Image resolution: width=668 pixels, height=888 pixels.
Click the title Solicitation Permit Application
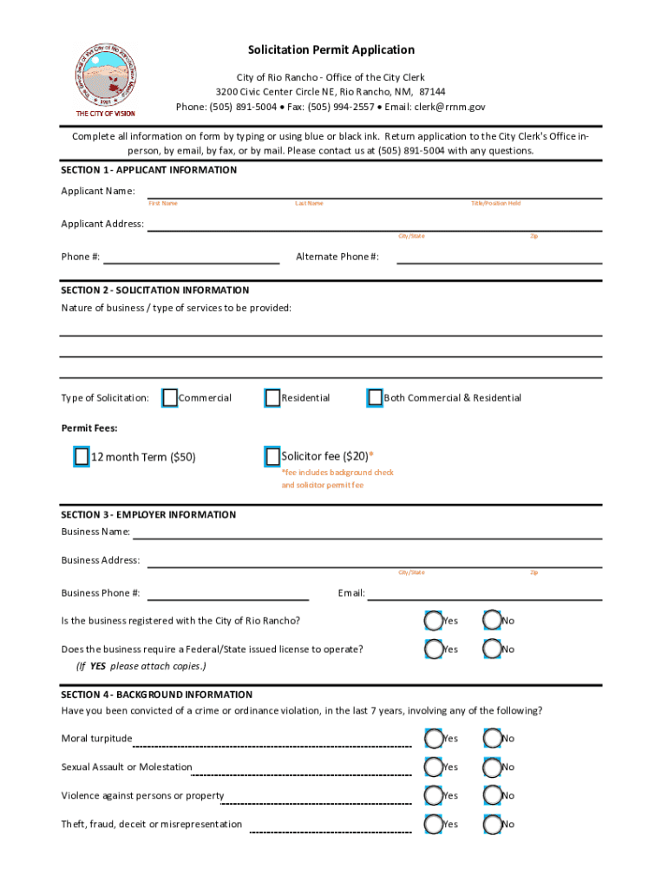click(x=331, y=50)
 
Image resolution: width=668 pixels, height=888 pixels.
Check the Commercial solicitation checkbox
click(x=170, y=397)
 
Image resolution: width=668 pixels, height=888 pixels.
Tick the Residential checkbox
click(x=272, y=397)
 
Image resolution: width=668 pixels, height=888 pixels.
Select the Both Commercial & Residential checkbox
click(x=375, y=397)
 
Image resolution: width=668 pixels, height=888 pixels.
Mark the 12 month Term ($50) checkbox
click(x=82, y=457)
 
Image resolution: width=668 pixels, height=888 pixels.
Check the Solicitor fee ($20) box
click(x=272, y=456)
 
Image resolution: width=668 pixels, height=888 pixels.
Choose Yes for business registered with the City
click(x=433, y=620)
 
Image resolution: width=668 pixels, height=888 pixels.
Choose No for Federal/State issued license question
click(x=492, y=649)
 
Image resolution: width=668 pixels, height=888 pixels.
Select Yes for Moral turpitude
click(x=433, y=738)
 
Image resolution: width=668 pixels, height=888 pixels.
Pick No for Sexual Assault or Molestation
click(x=492, y=767)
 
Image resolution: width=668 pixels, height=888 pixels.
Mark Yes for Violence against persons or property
click(x=433, y=795)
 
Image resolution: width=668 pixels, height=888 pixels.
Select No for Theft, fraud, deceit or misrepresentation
click(x=492, y=824)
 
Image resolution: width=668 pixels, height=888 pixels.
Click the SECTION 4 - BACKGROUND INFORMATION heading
click(x=157, y=695)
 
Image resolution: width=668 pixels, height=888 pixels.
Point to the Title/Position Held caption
click(x=495, y=203)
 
